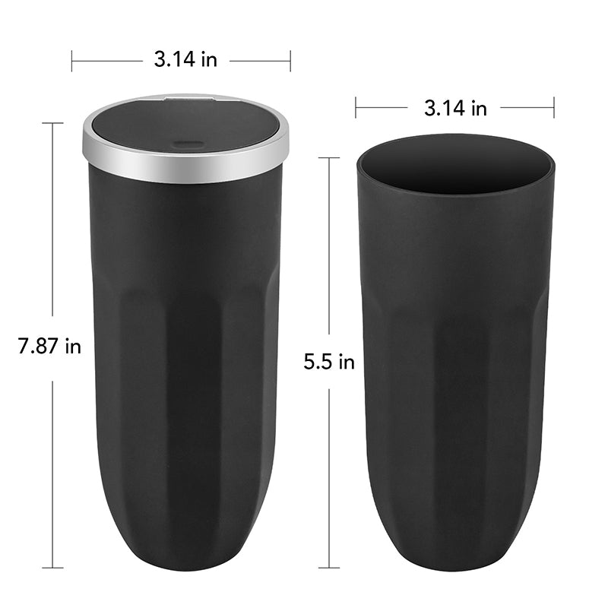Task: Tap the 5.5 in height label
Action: (x=329, y=363)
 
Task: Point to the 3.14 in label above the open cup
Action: (x=455, y=108)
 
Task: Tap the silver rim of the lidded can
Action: (x=185, y=172)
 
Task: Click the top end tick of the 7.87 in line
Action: (x=52, y=123)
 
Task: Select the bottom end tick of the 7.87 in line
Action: (x=52, y=567)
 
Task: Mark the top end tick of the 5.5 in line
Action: (x=329, y=158)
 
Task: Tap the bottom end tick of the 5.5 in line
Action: (x=329, y=567)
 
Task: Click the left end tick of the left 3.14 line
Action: (x=72, y=60)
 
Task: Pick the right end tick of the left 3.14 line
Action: (x=290, y=60)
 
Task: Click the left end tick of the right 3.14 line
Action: (x=356, y=107)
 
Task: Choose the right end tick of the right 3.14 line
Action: (x=554, y=107)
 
